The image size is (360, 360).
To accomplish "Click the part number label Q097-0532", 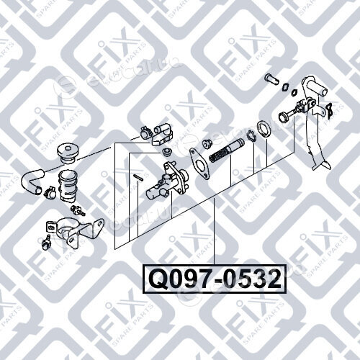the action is (215, 279).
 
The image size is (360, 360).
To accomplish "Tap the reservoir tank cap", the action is (67, 154).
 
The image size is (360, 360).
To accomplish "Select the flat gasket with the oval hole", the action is (199, 163).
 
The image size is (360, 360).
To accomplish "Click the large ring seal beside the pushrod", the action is (264, 130).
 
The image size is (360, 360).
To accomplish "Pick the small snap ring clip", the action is (252, 135).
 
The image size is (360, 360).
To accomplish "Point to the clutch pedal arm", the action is (316, 125).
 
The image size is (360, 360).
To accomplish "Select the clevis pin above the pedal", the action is (272, 79).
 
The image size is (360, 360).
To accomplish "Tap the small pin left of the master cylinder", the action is (138, 177).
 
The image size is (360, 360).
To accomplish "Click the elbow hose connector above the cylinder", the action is (163, 135).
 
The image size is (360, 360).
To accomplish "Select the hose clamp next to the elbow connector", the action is (145, 132).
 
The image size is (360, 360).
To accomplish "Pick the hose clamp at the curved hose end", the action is (50, 192).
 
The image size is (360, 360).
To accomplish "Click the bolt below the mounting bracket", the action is (47, 243).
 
